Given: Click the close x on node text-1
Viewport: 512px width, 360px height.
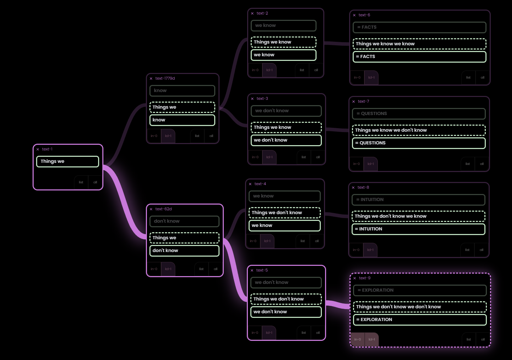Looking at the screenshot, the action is click(38, 149).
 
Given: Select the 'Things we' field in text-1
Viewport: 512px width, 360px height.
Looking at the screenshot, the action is click(67, 161).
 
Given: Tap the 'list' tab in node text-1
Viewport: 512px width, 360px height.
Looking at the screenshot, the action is click(81, 182).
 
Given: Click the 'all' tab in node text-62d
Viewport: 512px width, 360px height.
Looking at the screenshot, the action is click(215, 269).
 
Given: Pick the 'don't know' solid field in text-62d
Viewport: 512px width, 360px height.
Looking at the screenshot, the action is click(184, 251).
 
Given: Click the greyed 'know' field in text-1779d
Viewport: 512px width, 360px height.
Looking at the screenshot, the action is click(182, 91).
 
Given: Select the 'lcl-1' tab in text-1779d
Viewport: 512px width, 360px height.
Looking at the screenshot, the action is click(168, 136).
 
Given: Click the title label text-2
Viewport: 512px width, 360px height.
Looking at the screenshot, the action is click(262, 13).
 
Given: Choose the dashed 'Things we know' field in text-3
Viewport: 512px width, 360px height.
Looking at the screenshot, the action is click(286, 127).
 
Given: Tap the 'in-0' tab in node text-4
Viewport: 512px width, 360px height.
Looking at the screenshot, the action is click(253, 241).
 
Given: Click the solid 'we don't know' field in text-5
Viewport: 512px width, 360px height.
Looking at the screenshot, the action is click(286, 312).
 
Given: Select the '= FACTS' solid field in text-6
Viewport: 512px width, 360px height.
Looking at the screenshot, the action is click(419, 57).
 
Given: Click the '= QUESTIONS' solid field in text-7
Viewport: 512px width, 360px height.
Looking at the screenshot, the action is click(419, 143).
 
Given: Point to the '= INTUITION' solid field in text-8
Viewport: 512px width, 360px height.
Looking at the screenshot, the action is click(418, 229).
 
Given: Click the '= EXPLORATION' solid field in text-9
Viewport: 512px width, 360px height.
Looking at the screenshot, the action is click(420, 320).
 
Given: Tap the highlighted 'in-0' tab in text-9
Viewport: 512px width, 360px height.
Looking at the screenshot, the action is click(358, 339).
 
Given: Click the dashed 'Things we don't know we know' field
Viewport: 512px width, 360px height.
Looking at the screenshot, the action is click(418, 216).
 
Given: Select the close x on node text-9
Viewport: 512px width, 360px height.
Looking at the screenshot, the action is click(355, 278).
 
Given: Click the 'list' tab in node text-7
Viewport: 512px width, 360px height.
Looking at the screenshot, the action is click(468, 164).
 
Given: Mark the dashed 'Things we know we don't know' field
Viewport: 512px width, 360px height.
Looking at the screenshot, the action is click(419, 130).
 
